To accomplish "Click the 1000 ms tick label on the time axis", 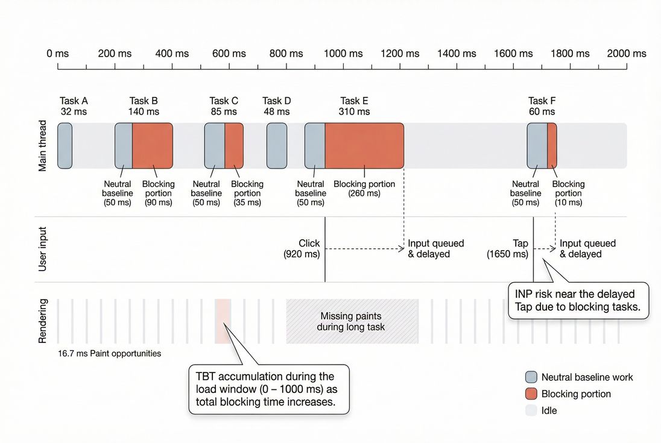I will tap(343, 54).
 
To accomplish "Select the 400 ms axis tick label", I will tap(172, 54).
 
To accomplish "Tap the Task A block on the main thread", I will tap(65, 145).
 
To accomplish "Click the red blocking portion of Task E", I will tap(364, 145).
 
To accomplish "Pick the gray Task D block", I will tap(277, 145).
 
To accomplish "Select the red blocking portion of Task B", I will tap(153, 145).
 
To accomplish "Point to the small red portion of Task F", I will tap(552, 145).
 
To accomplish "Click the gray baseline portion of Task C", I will tap(215, 145).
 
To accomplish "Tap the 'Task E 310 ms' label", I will tap(354, 106).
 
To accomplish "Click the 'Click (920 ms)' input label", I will tap(302, 249).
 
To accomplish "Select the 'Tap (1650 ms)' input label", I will tap(508, 249).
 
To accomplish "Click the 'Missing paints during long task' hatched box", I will tap(352, 321).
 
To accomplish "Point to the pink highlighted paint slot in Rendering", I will tap(223, 321).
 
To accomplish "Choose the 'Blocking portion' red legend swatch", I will tap(531, 394).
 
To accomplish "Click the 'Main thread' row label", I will tap(43, 145).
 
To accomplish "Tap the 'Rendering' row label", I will tap(43, 321).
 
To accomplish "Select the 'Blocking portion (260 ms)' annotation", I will tap(364, 189).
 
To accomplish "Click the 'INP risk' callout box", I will tap(578, 300).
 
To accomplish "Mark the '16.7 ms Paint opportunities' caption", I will tap(110, 353).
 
